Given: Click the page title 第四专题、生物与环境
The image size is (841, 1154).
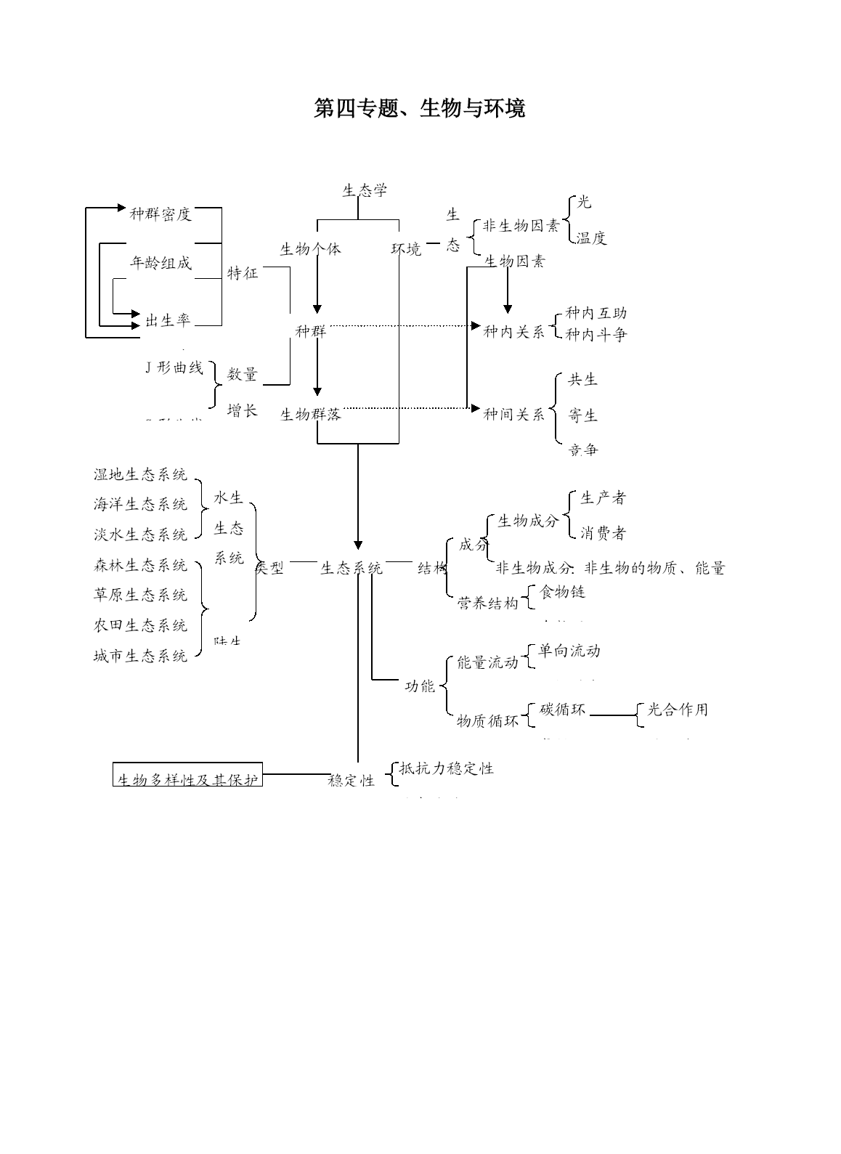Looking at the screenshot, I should [x=420, y=108].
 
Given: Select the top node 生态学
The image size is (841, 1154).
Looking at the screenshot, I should [x=365, y=190].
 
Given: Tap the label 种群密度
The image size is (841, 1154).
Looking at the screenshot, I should [x=161, y=214].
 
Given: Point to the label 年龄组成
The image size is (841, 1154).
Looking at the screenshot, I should [x=161, y=263].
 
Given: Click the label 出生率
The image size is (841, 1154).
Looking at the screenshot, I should [x=167, y=320].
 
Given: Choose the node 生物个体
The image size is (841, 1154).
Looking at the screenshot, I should [x=310, y=248].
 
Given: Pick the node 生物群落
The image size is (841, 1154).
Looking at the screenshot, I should [x=311, y=415].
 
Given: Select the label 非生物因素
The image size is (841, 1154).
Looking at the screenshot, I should [x=521, y=226].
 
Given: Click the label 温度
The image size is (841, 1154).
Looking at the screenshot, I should [x=591, y=237].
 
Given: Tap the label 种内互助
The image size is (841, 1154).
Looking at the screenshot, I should [x=596, y=313].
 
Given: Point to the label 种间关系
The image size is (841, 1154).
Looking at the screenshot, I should [x=514, y=414].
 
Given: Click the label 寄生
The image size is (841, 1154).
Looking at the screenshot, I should [x=583, y=415].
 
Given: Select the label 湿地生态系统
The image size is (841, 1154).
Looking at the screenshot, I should [x=140, y=474].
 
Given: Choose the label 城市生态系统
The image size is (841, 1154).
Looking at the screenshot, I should [x=140, y=656].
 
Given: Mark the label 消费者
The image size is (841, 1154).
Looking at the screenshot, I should [x=603, y=533].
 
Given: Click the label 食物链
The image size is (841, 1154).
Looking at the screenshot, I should [x=563, y=592].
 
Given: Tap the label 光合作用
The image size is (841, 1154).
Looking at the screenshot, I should [x=677, y=709].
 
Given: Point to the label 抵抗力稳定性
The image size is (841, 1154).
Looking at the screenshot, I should [x=447, y=768].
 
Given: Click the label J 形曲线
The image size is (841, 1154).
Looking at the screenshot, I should [x=174, y=367].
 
